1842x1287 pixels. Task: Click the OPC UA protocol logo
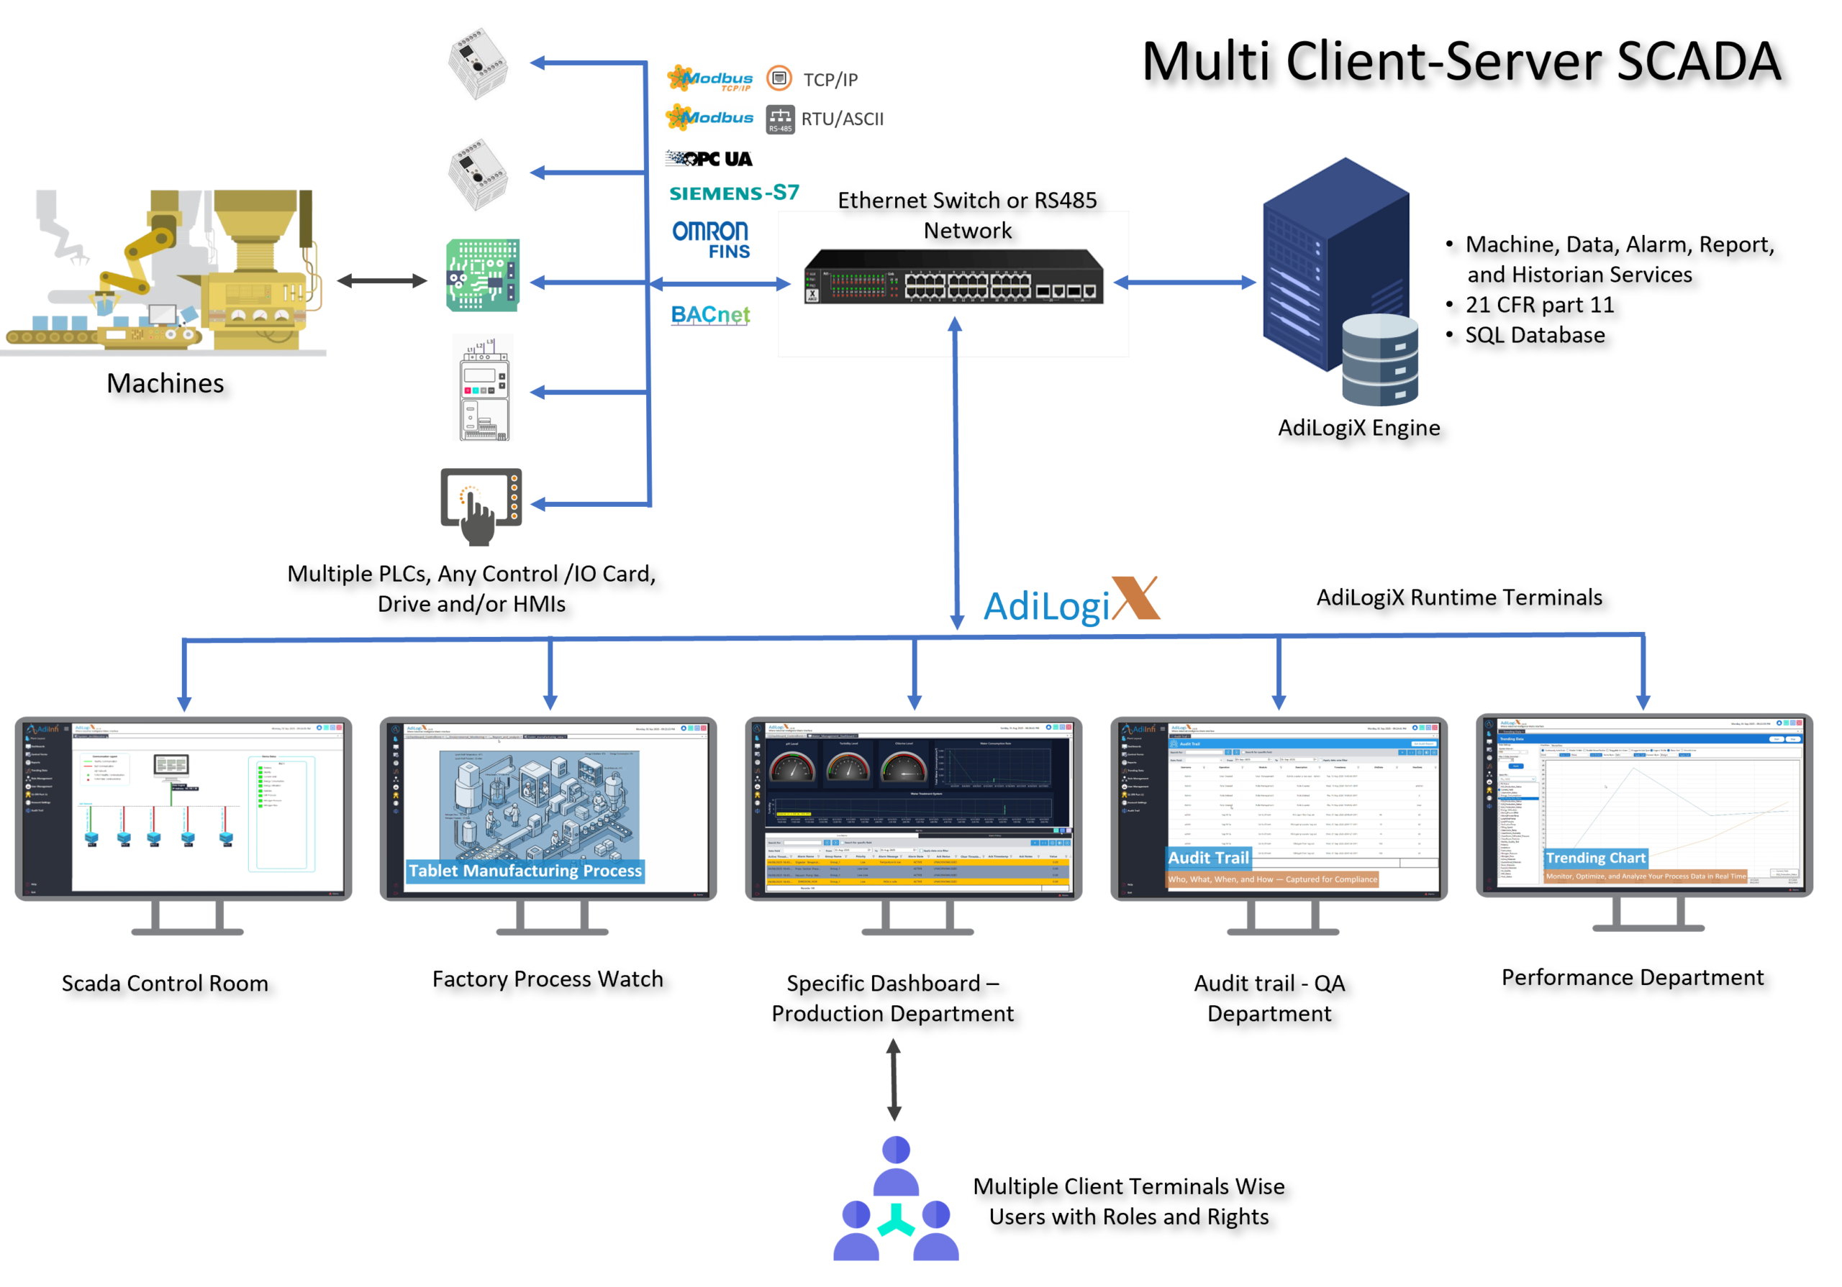pyautogui.click(x=709, y=159)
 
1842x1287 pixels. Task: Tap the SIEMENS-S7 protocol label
pyautogui.click(x=733, y=193)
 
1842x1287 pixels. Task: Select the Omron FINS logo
pyautogui.click(x=711, y=239)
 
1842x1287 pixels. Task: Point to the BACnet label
pyautogui.click(x=710, y=314)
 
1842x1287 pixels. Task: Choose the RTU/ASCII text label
pyautogui.click(x=843, y=119)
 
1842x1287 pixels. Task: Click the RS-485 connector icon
pyautogui.click(x=780, y=119)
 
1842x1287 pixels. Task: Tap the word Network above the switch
pyautogui.click(x=967, y=231)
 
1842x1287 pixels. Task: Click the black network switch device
pyautogui.click(x=953, y=278)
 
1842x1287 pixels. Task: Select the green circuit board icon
pyautogui.click(x=483, y=275)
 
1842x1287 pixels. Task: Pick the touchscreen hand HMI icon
pyautogui.click(x=481, y=507)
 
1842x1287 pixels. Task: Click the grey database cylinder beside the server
pyautogui.click(x=1380, y=359)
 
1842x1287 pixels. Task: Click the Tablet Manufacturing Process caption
pyautogui.click(x=525, y=871)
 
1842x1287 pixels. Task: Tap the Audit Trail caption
pyautogui.click(x=1208, y=858)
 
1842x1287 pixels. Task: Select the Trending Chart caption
pyautogui.click(x=1596, y=858)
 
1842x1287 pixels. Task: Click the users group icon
pyautogui.click(x=895, y=1199)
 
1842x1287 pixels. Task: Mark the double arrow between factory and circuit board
pyautogui.click(x=383, y=280)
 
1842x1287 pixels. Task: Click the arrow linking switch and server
pyautogui.click(x=1184, y=283)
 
